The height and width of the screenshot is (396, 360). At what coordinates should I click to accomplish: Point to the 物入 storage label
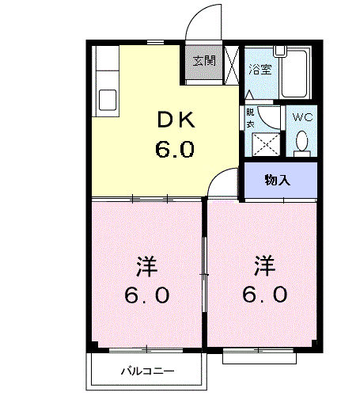coord(277,180)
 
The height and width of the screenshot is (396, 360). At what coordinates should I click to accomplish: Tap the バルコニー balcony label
coord(147,371)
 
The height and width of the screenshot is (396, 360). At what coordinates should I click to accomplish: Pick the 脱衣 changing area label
coord(250,118)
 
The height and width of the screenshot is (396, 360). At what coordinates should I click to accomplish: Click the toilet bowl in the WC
coord(301,142)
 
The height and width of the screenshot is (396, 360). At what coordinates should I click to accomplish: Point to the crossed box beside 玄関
coord(232,64)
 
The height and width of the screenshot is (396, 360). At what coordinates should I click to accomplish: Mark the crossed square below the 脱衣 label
coord(263,145)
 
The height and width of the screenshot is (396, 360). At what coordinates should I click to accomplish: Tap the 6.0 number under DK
coord(174,148)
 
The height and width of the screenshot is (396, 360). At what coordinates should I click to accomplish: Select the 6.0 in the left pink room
coord(146,296)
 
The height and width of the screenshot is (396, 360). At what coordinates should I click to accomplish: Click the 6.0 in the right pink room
coord(265,295)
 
